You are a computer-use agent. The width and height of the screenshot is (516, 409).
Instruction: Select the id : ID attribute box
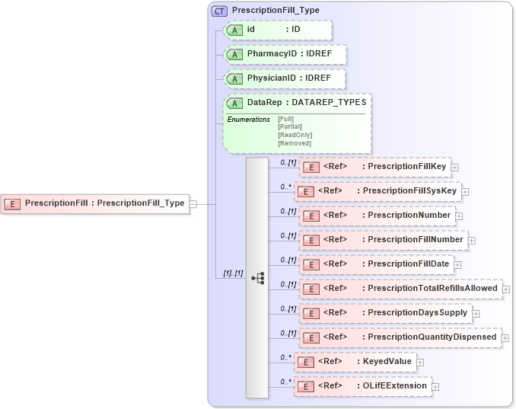click(x=279, y=30)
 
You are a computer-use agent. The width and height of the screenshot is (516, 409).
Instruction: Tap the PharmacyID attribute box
click(x=285, y=54)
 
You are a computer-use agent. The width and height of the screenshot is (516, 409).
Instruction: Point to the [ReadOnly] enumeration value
click(x=295, y=135)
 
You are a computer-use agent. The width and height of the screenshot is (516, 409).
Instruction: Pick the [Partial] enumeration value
click(x=291, y=126)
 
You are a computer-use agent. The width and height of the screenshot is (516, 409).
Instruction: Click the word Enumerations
click(x=248, y=120)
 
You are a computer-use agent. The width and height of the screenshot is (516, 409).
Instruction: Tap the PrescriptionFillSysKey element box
click(x=378, y=191)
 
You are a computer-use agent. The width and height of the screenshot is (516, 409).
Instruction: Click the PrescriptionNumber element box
click(x=377, y=216)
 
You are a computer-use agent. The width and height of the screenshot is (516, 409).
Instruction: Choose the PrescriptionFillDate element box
click(x=377, y=264)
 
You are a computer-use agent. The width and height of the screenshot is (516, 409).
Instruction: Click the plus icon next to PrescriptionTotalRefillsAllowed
click(x=506, y=289)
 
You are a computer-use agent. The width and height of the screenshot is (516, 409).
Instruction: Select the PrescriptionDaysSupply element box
click(x=384, y=313)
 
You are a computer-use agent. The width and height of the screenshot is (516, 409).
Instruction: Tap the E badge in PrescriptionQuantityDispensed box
click(x=310, y=337)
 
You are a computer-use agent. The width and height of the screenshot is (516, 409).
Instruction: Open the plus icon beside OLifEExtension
click(x=435, y=387)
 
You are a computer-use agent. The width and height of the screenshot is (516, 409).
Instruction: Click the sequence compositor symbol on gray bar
click(x=257, y=278)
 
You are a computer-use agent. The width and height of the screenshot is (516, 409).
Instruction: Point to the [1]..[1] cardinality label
click(x=232, y=273)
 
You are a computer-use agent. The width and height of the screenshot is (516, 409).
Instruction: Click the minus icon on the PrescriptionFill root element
click(x=193, y=203)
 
